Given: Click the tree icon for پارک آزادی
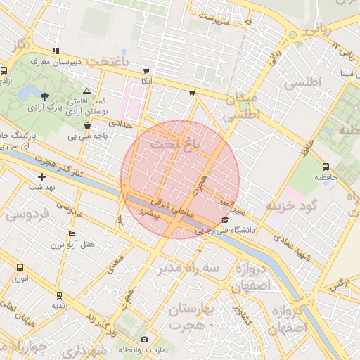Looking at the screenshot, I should pos(45,96).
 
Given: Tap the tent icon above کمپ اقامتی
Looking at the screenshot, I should pos(86,91).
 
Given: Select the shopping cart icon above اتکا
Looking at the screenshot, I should pos(146,71).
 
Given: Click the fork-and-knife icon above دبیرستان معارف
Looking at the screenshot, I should pos(55,51).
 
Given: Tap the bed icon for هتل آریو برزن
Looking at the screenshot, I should pos(71,233).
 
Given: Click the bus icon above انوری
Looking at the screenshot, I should pos(20,267).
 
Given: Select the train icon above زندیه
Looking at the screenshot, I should pos(59,295).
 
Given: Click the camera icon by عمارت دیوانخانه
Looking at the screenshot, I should pos(144,340).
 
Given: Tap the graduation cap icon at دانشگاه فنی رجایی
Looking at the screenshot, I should pos(225,220).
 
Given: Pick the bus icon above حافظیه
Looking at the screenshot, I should pos(326,167).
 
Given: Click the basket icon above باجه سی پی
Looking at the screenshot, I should pos(87,126).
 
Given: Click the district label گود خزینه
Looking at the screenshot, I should pos(288,205).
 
